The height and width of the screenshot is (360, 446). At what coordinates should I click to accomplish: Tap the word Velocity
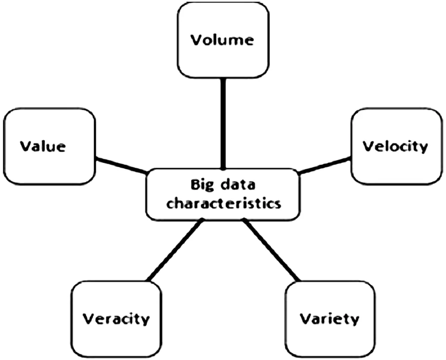click(395, 146)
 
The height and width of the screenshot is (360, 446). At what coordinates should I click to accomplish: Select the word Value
click(43, 147)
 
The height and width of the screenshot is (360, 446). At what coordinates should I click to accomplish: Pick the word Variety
click(329, 319)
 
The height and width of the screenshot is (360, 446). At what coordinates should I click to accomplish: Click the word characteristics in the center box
click(223, 203)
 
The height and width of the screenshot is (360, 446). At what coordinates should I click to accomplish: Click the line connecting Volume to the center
click(223, 123)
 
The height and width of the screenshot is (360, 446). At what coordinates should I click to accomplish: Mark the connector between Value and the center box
click(121, 165)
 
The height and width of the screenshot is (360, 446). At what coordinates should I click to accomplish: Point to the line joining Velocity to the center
click(325, 165)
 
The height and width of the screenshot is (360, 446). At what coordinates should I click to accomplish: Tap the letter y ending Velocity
click(422, 148)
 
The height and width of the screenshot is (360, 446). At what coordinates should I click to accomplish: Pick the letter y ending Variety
click(354, 321)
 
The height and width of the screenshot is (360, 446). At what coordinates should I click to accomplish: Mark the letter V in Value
click(25, 147)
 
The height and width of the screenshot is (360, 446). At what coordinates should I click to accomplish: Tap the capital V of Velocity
click(368, 146)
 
